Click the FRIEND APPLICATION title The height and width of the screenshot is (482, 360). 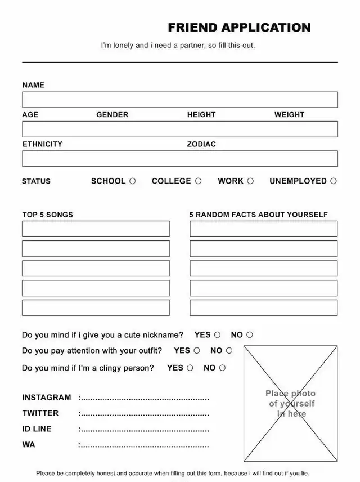tap(239, 28)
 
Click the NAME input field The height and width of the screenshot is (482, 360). tap(180, 100)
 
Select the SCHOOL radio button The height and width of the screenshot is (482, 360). tap(133, 181)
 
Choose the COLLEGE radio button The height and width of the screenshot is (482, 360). tap(198, 181)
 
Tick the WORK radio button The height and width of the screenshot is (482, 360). tap(250, 181)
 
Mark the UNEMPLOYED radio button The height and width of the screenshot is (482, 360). tap(334, 181)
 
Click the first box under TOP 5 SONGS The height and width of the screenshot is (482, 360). tap(96, 229)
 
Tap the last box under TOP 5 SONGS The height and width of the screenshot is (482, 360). tap(96, 307)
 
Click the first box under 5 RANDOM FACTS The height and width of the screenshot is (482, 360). tap(263, 229)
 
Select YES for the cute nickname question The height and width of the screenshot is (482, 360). tap(217, 334)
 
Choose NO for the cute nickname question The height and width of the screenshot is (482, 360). tap(250, 334)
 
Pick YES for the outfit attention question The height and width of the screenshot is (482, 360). tap(197, 350)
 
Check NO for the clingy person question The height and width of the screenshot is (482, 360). tap(222, 368)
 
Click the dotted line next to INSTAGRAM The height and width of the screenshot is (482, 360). tap(144, 398)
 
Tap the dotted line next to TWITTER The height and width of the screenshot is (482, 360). tap(144, 414)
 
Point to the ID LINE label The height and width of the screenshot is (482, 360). tap(37, 429)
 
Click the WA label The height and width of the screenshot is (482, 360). tap(29, 444)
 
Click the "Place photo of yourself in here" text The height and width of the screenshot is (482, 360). tap(291, 403)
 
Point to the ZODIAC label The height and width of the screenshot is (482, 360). tap(201, 144)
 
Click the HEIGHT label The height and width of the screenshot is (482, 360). tap(201, 114)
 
